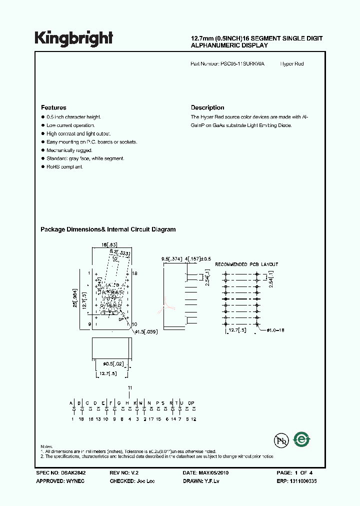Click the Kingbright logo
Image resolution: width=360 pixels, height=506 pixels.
click(x=73, y=38)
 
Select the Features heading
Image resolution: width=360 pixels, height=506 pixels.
click(x=53, y=107)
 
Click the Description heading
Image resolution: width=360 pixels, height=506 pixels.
click(x=207, y=107)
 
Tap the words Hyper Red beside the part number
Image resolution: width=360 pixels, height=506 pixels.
click(x=292, y=64)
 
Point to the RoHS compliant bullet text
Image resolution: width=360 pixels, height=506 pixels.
click(x=64, y=166)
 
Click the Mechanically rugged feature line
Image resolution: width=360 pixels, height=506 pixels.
click(x=69, y=150)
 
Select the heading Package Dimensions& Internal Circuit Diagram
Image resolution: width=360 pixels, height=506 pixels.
click(x=108, y=229)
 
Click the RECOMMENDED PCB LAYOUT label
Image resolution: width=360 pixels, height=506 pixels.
click(x=246, y=264)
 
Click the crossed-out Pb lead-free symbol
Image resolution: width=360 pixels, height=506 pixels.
click(x=281, y=440)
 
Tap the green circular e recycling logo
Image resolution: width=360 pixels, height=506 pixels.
click(x=302, y=439)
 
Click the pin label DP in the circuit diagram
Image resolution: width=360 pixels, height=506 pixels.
click(x=191, y=403)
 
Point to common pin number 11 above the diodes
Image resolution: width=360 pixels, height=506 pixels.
click(x=129, y=388)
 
